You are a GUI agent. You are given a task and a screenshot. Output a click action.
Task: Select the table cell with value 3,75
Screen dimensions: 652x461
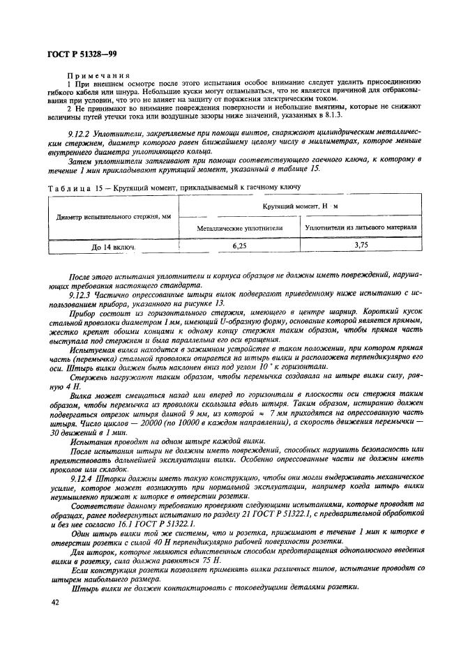pyautogui.click(x=361, y=245)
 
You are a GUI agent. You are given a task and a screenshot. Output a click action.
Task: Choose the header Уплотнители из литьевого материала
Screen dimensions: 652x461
pyautogui.click(x=361, y=227)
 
